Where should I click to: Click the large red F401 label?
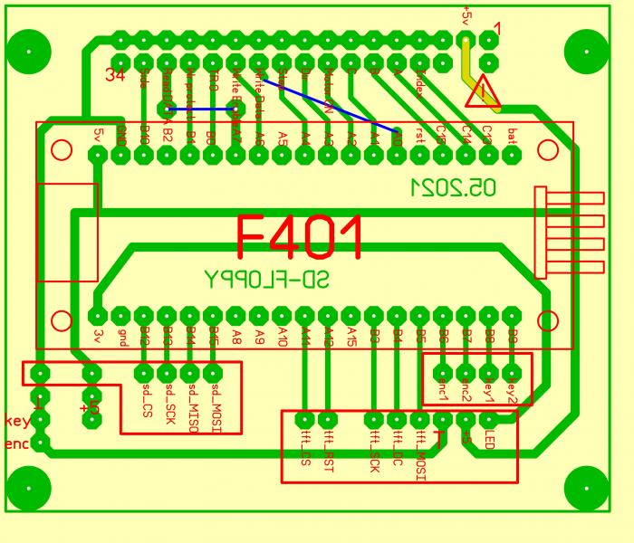pos(300,237)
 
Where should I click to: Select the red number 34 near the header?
pos(115,75)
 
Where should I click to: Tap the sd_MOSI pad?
pos(213,372)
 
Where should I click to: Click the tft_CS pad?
pos(305,420)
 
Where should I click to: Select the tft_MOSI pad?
pos(419,420)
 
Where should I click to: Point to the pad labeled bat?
pos(512,155)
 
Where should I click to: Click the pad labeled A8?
pos(235,315)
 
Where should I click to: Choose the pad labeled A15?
pos(351,315)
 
